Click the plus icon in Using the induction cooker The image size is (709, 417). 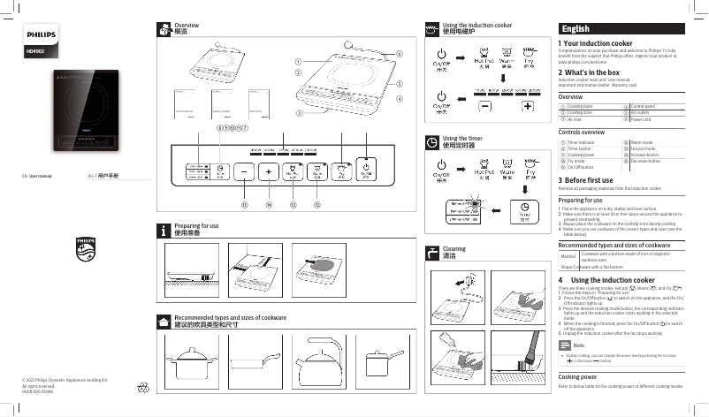tap(528, 106)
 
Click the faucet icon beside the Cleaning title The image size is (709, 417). tap(432, 253)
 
